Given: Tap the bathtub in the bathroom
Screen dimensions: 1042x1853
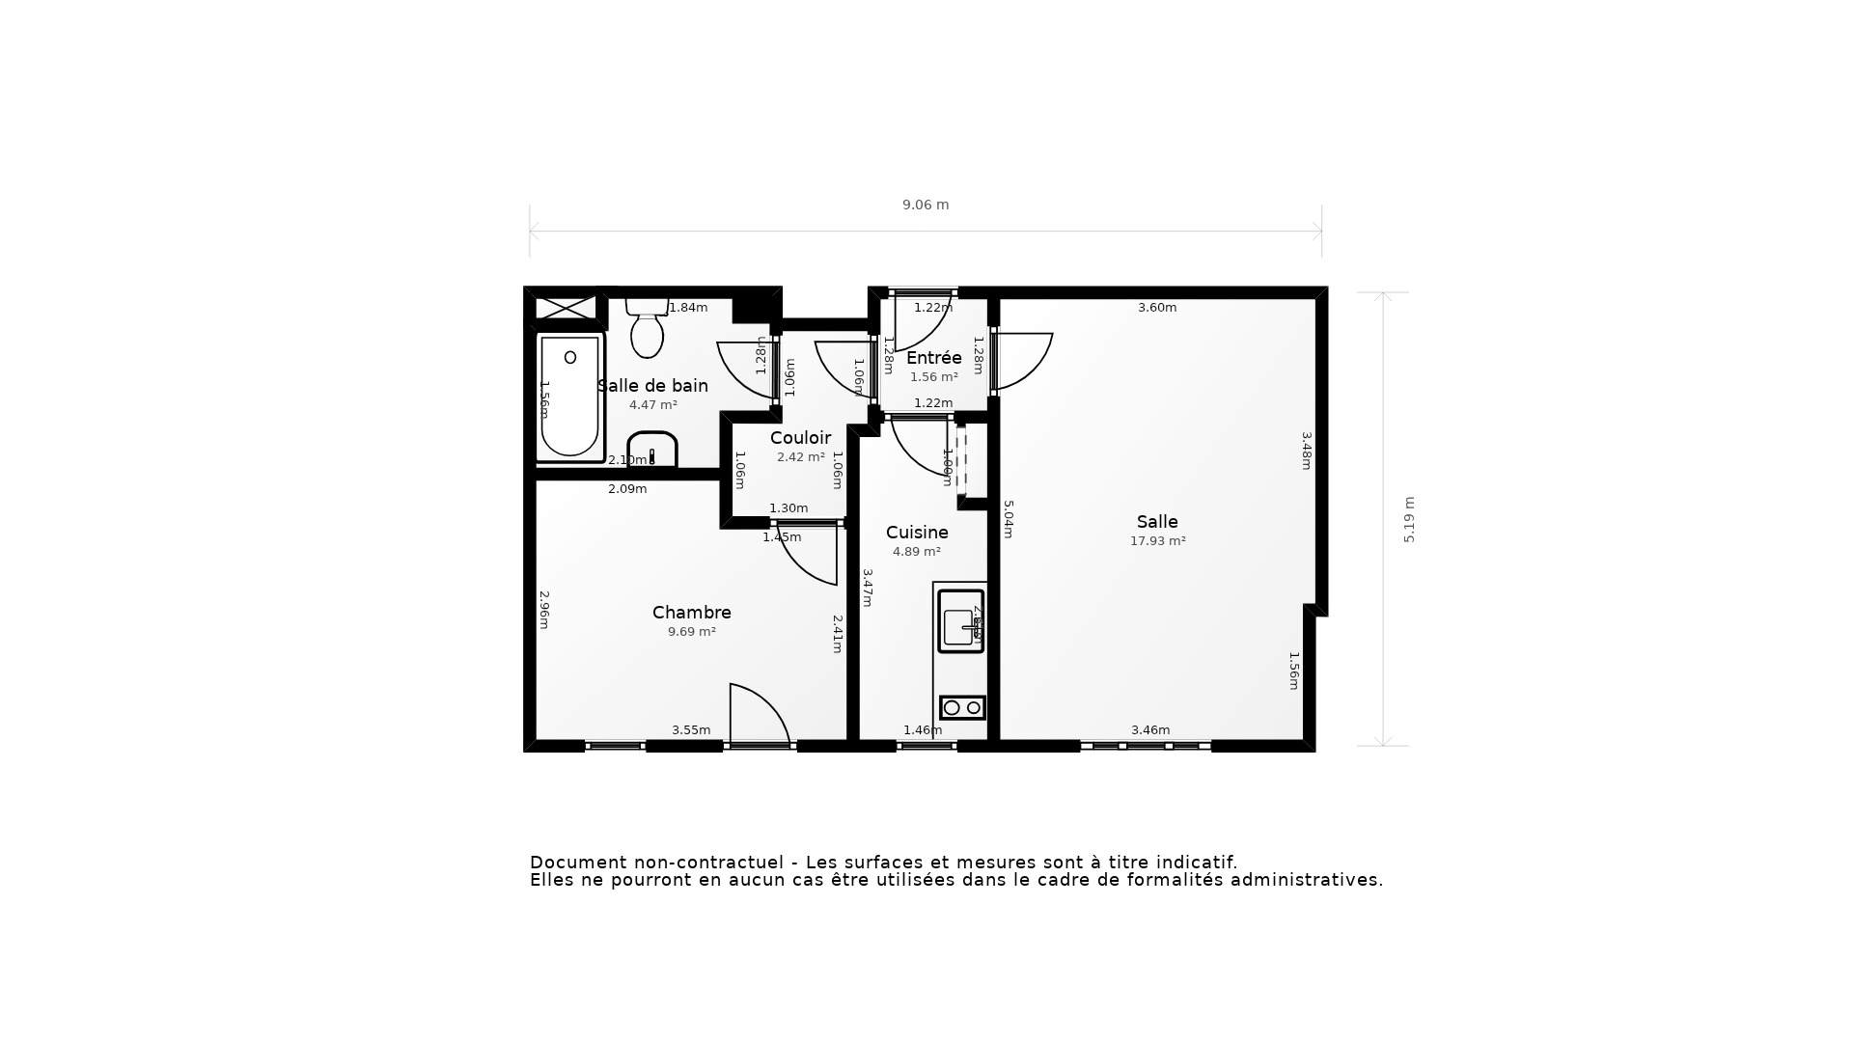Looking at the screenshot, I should (x=569, y=397).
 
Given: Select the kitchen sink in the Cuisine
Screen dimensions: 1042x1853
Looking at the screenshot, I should (x=960, y=621).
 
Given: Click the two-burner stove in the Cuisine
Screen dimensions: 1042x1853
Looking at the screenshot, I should (x=962, y=707).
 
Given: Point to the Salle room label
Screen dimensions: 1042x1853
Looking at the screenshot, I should (x=1157, y=522).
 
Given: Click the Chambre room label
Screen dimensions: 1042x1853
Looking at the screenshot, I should (x=691, y=613).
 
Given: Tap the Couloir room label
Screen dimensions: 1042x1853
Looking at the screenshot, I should (x=800, y=438).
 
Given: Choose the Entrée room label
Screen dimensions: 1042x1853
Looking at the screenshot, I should (x=933, y=358).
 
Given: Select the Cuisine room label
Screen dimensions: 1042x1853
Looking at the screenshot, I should (x=917, y=533).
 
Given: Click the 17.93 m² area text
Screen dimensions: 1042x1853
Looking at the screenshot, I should (x=1157, y=541).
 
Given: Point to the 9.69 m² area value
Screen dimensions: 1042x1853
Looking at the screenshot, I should (x=691, y=632).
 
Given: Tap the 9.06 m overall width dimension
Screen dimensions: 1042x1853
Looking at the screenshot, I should (x=926, y=205).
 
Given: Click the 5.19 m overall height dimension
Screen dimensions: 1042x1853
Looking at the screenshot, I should (x=1409, y=520).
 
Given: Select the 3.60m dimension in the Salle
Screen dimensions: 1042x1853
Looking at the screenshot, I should (x=1156, y=308).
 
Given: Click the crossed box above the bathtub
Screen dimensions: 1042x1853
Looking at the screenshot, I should (x=566, y=308).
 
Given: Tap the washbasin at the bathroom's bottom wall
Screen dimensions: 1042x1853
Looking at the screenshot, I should (x=652, y=450).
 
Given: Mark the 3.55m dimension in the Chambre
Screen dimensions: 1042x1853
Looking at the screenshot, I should (x=691, y=730).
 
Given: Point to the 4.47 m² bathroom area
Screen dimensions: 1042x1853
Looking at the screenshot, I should (x=652, y=405).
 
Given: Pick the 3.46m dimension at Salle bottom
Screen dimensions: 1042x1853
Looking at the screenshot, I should (x=1150, y=730).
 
